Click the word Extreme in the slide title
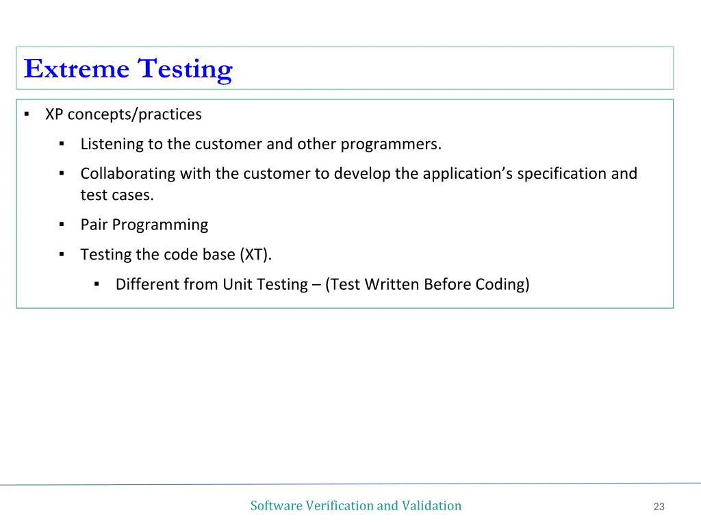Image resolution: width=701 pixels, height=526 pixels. pyautogui.click(x=76, y=69)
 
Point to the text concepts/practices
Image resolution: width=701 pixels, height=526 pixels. pyautogui.click(x=134, y=114)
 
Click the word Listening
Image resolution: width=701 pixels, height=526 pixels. pyautogui.click(x=112, y=145)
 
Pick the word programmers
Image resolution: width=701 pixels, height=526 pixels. pyautogui.click(x=391, y=145)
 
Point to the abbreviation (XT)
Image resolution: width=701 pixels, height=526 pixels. pyautogui.click(x=255, y=255)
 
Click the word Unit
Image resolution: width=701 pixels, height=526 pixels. pyautogui.click(x=238, y=284)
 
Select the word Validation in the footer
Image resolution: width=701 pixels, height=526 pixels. pyautogui.click(x=431, y=505)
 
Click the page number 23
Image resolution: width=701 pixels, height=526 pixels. pyautogui.click(x=659, y=507)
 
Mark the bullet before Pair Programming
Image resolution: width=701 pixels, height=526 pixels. pyautogui.click(x=62, y=225)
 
